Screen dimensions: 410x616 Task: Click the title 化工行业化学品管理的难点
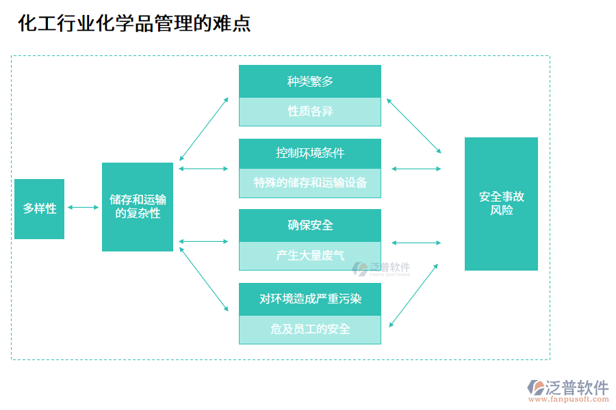pos(134,23)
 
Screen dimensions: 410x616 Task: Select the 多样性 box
pos(39,208)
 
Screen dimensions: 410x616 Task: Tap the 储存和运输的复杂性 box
pos(138,206)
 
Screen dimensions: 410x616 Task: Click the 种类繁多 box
pos(309,81)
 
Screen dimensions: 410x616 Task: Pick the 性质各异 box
pos(309,111)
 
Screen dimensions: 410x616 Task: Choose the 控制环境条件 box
pos(309,153)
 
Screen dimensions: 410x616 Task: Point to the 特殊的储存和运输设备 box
pos(309,182)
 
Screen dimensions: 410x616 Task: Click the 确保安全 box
pos(309,225)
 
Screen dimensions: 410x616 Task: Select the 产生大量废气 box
pos(309,256)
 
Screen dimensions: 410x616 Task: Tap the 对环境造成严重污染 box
pos(309,299)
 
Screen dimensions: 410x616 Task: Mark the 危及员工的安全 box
pos(309,329)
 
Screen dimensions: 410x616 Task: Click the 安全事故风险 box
pos(501,204)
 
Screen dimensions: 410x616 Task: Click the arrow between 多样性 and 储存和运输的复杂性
pos(83,207)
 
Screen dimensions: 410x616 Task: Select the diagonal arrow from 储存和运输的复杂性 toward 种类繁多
pos(203,128)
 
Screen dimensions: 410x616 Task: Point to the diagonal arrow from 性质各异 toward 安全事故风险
pos(414,126)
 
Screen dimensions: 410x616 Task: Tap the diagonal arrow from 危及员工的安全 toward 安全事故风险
pos(414,295)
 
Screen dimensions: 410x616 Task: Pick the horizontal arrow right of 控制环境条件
pos(416,168)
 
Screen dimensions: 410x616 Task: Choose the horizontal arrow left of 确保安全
pos(203,241)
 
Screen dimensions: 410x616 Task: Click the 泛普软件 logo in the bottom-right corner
pos(568,387)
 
